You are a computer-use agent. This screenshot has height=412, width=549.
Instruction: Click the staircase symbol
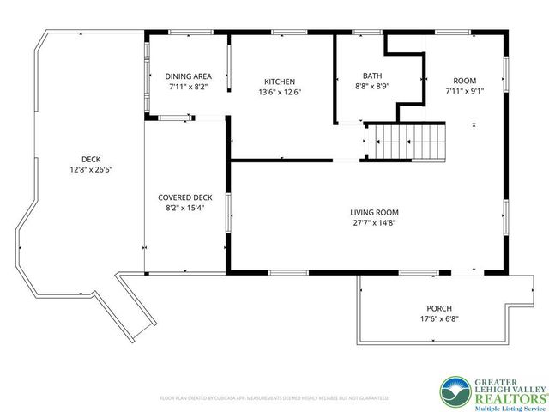point(407,141)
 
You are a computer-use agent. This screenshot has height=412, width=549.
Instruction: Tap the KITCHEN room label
point(280,81)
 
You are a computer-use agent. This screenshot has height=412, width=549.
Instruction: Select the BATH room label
point(372,76)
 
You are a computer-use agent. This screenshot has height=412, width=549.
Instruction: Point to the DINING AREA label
point(188,76)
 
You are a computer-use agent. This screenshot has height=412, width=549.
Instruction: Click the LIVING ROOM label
point(374,212)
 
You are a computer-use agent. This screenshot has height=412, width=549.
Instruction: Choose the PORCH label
point(438,308)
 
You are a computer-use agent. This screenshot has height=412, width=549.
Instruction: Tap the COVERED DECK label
point(184,197)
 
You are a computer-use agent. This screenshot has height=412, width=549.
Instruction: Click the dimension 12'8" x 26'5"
point(91,169)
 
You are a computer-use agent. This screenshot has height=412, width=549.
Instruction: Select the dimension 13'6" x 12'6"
point(280,92)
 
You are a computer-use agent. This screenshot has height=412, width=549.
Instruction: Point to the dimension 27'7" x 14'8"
point(374,223)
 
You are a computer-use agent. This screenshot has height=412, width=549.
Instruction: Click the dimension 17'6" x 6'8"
point(438,319)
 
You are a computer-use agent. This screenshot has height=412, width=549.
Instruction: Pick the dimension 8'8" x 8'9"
point(372,86)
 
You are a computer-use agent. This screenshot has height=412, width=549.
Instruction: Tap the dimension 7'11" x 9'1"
point(464,91)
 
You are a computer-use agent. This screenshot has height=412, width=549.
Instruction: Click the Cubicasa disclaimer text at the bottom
point(274,398)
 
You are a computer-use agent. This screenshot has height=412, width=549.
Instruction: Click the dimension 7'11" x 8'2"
point(188,87)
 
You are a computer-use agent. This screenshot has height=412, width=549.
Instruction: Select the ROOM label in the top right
point(464,81)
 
